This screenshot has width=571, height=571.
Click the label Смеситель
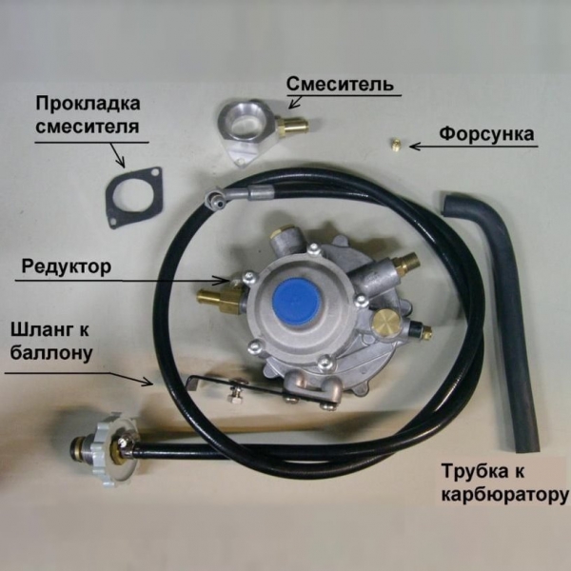point(340,84)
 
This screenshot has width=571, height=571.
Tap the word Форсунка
point(486,134)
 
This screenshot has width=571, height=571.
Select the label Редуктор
point(67,266)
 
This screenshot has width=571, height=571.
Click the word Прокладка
point(88,104)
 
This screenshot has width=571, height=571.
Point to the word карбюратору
point(505,495)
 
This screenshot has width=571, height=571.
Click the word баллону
point(51,353)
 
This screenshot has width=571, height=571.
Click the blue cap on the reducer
point(297,301)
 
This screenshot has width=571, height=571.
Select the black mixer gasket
point(133,197)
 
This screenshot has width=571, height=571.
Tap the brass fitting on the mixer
point(292,126)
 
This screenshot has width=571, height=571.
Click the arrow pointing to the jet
point(473,147)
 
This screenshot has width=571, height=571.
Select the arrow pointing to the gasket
point(117,155)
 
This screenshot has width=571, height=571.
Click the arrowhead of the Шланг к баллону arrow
point(148,382)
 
